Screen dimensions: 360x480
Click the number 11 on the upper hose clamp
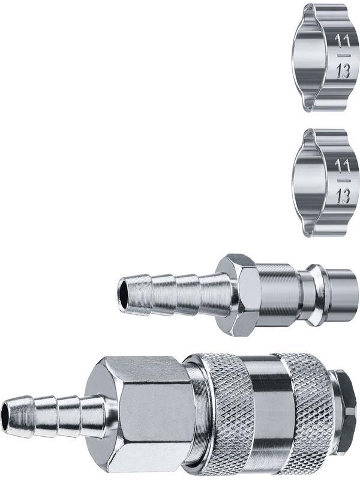pos(342,41)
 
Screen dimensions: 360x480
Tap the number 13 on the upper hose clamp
pos(343,72)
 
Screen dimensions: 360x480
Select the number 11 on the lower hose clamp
pos(342,166)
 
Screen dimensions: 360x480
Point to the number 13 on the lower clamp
pos(343,197)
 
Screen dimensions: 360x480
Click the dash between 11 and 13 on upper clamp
pos(342,55)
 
